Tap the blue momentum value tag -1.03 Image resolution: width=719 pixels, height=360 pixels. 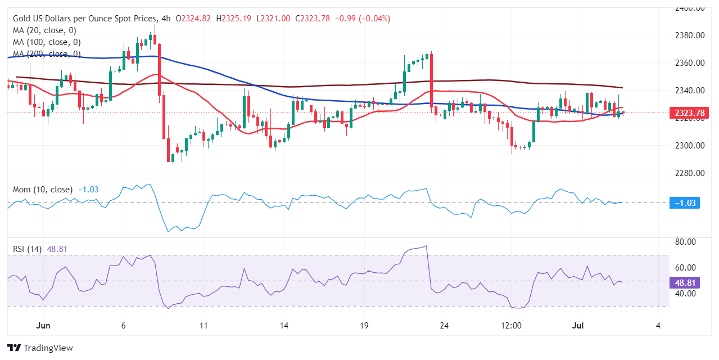[685, 203]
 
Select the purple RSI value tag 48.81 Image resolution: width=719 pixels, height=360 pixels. [685, 282]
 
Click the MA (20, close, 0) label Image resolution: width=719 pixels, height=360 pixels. [44, 30]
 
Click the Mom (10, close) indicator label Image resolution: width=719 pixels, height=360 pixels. [43, 190]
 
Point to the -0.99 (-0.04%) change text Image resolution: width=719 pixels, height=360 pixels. [363, 19]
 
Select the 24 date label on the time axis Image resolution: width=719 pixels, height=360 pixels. [444, 326]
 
